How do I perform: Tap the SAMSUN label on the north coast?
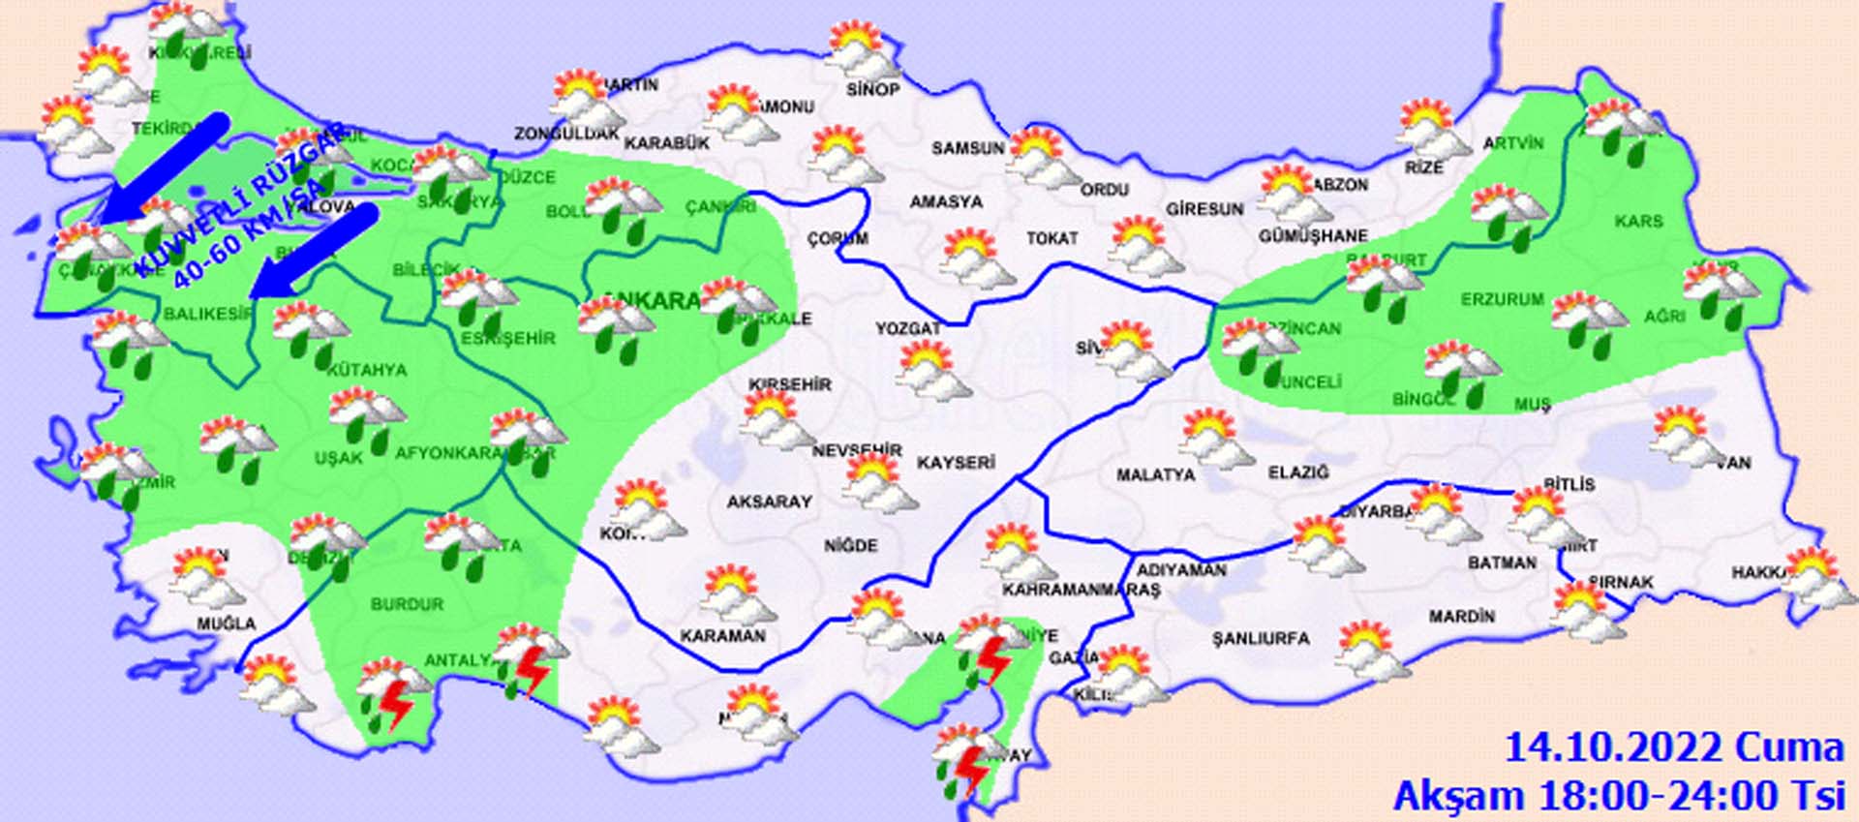pyautogui.click(x=968, y=148)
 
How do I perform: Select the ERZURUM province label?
pyautogui.click(x=1503, y=300)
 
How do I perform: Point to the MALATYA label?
pyautogui.click(x=1155, y=475)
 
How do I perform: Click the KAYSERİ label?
pyautogui.click(x=956, y=463)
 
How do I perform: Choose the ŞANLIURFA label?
pyautogui.click(x=1261, y=639)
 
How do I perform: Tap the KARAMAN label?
pyautogui.click(x=722, y=636)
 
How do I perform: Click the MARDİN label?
pyautogui.click(x=1461, y=616)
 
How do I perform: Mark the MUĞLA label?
pyautogui.click(x=227, y=624)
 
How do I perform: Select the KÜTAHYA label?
pyautogui.click(x=367, y=370)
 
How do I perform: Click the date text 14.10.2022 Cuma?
pyautogui.click(x=1673, y=748)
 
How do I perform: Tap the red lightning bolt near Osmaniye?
pyautogui.click(x=992, y=660)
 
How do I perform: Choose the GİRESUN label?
pyautogui.click(x=1204, y=209)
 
